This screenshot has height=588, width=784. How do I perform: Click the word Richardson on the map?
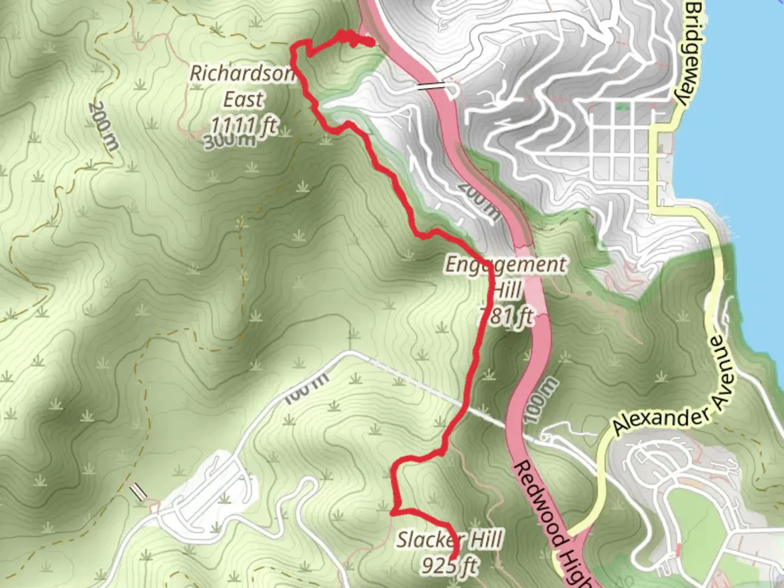(242, 74)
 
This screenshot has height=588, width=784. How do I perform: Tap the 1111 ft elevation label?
(243, 125)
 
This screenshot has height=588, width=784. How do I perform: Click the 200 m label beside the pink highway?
(479, 200)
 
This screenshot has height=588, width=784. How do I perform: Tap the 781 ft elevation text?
(506, 316)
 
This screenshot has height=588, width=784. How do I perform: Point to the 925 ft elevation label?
(450, 566)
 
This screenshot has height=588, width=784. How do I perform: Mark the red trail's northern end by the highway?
(371, 43)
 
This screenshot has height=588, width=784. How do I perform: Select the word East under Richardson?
(243, 100)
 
